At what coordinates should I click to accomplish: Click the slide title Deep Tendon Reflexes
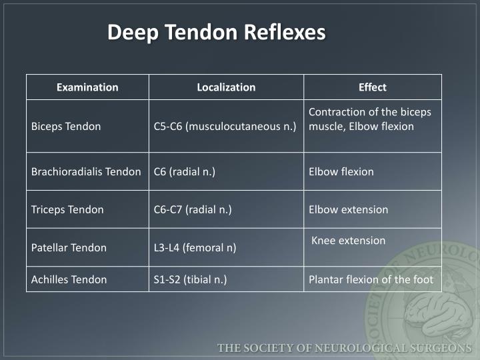pyautogui.click(x=217, y=32)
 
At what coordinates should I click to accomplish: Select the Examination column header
pyautogui.click(x=87, y=87)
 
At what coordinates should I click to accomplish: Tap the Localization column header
pyautogui.click(x=226, y=87)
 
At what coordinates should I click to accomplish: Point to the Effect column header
pyautogui.click(x=372, y=87)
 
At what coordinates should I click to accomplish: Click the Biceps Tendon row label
pyautogui.click(x=66, y=126)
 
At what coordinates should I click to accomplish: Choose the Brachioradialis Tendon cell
pyautogui.click(x=86, y=171)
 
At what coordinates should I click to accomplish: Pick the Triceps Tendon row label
pyautogui.click(x=67, y=209)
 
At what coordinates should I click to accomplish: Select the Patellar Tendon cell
pyautogui.click(x=69, y=247)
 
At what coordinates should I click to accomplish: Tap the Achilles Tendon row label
pyautogui.click(x=69, y=279)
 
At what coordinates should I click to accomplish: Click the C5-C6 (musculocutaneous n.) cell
pyautogui.click(x=225, y=126)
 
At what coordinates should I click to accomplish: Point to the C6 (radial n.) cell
pyautogui.click(x=184, y=171)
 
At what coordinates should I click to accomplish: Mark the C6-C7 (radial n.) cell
pyautogui.click(x=192, y=209)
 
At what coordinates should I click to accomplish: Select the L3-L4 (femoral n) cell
pyautogui.click(x=195, y=247)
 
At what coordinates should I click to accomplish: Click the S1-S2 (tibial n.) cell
pyautogui.click(x=190, y=279)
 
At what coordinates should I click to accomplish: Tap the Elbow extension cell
pyautogui.click(x=348, y=209)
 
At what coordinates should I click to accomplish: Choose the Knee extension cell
pyautogui.click(x=348, y=241)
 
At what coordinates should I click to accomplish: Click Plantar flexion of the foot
pyautogui.click(x=371, y=279)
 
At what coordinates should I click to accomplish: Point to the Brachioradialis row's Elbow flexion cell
pyautogui.click(x=341, y=171)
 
